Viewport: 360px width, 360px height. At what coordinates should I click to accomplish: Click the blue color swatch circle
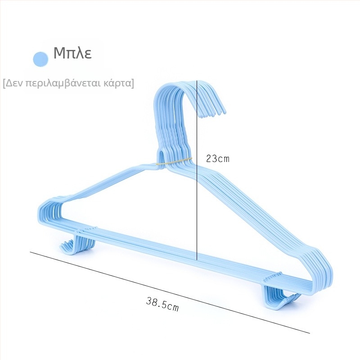click(40, 59)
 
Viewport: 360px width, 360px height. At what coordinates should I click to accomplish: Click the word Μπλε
click(72, 53)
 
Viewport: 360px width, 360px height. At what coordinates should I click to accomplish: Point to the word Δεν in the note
click(14, 83)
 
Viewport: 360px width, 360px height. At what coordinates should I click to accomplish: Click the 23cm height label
click(218, 159)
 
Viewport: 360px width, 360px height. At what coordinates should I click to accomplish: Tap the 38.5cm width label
click(162, 304)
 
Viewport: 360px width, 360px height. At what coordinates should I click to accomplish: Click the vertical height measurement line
click(197, 170)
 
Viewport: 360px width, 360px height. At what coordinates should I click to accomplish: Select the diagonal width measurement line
click(170, 292)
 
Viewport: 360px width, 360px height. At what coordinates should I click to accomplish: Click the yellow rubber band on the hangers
click(174, 162)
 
